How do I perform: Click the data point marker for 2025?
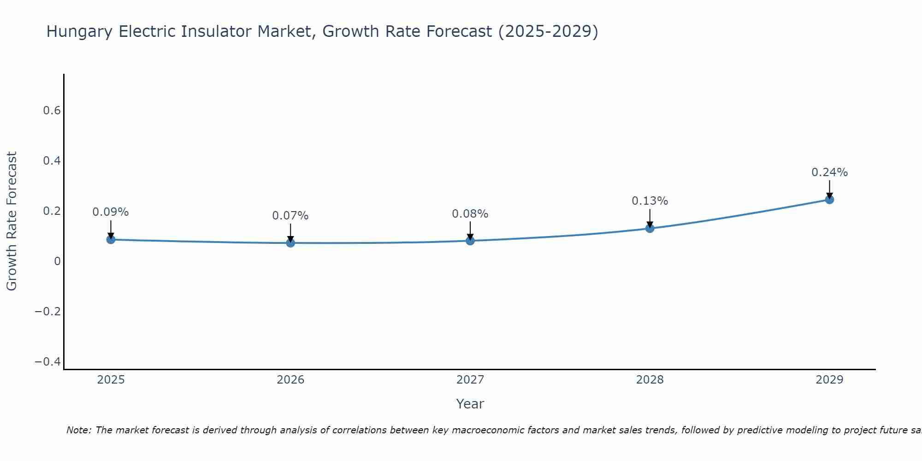(x=111, y=239)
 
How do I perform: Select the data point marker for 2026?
(x=290, y=242)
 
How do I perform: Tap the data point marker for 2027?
(x=470, y=241)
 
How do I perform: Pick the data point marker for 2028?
(x=650, y=228)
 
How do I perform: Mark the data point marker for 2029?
(x=829, y=200)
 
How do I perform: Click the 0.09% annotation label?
(x=111, y=212)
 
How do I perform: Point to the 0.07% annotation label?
(x=290, y=216)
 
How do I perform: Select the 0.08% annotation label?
(x=470, y=214)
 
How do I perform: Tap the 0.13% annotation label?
(x=650, y=201)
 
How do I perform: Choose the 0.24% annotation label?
(x=829, y=172)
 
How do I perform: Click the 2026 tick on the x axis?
(x=290, y=380)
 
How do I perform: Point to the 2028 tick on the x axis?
(x=650, y=380)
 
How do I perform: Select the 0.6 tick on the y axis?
(x=52, y=111)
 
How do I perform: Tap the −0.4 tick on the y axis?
(x=48, y=361)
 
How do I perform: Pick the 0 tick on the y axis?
(x=57, y=261)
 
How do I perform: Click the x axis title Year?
(x=470, y=404)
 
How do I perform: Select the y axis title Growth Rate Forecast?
(x=12, y=221)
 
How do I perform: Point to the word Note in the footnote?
(x=78, y=430)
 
